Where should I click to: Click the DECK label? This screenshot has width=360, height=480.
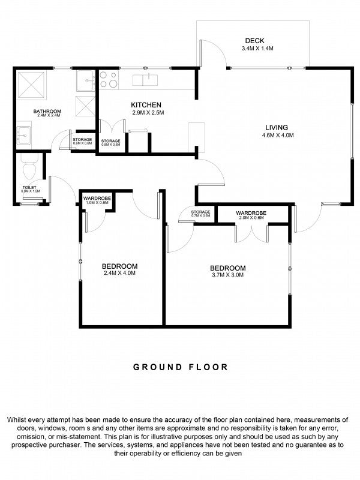tap(254, 40)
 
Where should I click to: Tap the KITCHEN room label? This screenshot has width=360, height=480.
tap(146, 105)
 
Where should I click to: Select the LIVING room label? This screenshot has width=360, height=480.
tap(277, 127)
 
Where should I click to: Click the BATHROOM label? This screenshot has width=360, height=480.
tap(47, 111)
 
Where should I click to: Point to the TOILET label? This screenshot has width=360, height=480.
tap(29, 187)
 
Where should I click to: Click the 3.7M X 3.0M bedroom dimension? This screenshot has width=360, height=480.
tap(228, 275)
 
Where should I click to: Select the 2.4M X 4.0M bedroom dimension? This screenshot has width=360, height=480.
tap(119, 273)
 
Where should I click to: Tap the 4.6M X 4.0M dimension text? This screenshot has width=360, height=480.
tap(278, 135)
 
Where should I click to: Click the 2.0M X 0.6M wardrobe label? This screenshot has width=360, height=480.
tap(251, 218)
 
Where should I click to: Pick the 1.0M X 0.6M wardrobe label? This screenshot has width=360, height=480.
tap(97, 202)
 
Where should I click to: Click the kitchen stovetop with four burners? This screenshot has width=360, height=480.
tap(109, 80)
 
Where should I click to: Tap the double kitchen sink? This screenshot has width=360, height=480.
tap(145, 80)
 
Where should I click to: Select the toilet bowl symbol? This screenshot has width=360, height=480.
tap(29, 167)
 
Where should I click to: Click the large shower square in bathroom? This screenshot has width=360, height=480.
tap(32, 85)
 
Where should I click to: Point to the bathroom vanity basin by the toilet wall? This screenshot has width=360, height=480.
tap(23, 136)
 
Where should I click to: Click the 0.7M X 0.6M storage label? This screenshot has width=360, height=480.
tap(201, 215)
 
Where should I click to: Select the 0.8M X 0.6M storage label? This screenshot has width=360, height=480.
tap(111, 145)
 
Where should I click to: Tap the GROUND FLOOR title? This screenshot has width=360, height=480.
tap(181, 367)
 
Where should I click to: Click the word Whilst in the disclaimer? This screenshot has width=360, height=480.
tap(17, 419)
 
